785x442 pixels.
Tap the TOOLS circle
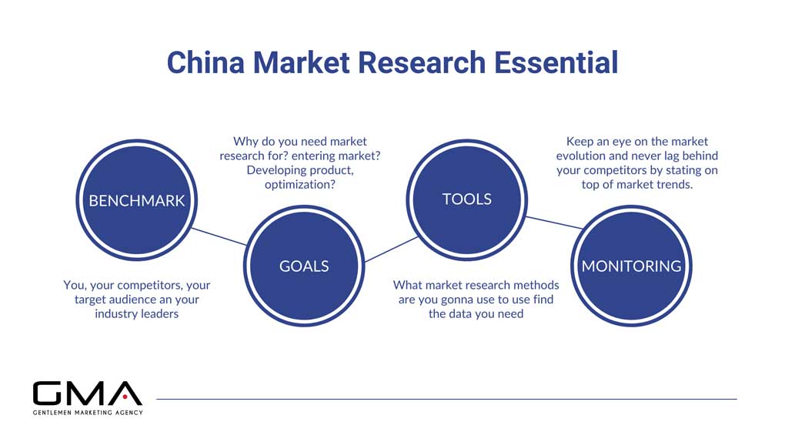[466, 199]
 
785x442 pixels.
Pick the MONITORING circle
[631, 266]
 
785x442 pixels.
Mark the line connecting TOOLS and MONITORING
[553, 222]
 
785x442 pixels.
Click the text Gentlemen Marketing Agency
[87, 412]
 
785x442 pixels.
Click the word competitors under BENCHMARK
[144, 286]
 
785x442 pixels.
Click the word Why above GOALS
[246, 142]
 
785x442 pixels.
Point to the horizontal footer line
[446, 399]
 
